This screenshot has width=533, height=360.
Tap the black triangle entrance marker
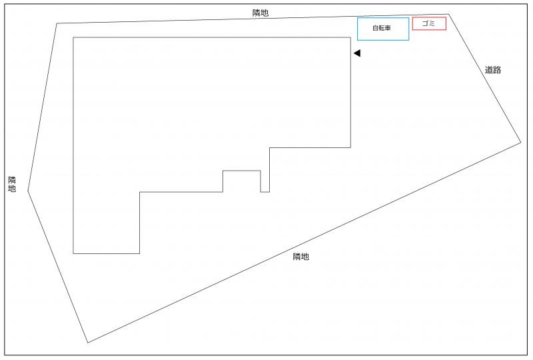pyautogui.click(x=357, y=53)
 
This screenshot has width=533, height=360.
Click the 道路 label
pyautogui.click(x=492, y=70)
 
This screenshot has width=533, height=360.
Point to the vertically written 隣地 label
pyautogui.click(x=12, y=184)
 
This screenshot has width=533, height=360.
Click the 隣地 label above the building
pyautogui.click(x=261, y=13)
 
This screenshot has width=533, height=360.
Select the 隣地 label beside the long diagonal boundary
pyautogui.click(x=301, y=257)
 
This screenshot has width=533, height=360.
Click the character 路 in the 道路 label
pyautogui.click(x=496, y=70)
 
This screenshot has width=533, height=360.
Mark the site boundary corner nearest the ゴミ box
pyautogui.click(x=448, y=14)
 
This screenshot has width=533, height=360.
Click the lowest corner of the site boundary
pyautogui.click(x=88, y=343)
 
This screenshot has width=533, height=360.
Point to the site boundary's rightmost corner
pyautogui.click(x=521, y=142)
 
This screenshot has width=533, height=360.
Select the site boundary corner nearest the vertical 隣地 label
pyautogui.click(x=28, y=191)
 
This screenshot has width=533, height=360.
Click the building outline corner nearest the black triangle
pyautogui.click(x=350, y=37)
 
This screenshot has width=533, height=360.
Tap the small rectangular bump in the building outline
pyautogui.click(x=242, y=171)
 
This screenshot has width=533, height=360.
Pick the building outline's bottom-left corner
pyautogui.click(x=73, y=253)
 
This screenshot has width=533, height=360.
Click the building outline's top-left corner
pyautogui.click(x=73, y=37)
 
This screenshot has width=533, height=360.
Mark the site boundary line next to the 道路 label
pyautogui.click(x=485, y=78)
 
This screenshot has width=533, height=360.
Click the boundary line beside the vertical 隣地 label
pyautogui.click(x=42, y=107)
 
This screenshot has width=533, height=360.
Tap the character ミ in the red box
pyautogui.click(x=432, y=23)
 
